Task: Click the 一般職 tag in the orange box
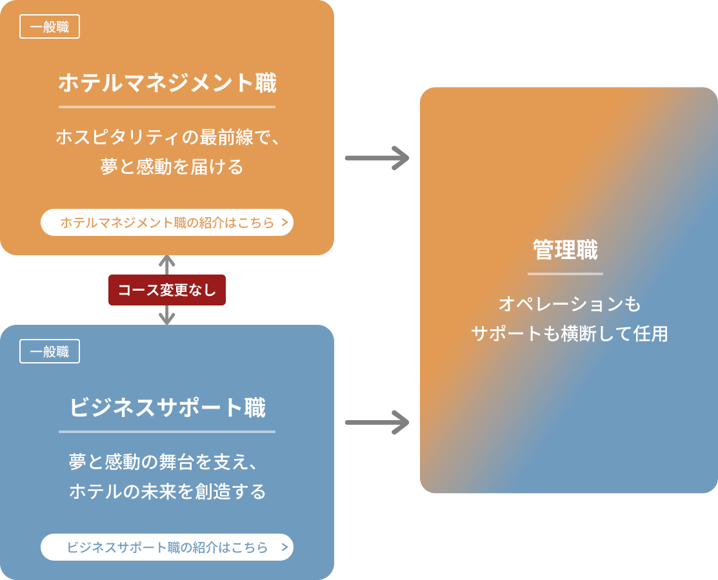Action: (50, 27)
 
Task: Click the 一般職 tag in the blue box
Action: (50, 352)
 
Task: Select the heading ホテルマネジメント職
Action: (167, 83)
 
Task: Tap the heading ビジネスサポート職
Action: (167, 408)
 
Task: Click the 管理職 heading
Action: (565, 250)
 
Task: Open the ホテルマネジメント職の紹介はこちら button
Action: (167, 223)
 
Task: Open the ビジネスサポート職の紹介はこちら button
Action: (167, 547)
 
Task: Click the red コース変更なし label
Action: (167, 290)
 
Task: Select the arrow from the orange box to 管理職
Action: (377, 157)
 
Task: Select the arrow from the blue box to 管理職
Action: (377, 423)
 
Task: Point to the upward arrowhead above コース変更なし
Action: (167, 262)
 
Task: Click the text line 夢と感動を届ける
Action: (172, 167)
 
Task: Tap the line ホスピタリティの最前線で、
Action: (167, 137)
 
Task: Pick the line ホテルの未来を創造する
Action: (167, 492)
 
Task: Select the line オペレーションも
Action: (569, 304)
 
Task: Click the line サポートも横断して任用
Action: (569, 334)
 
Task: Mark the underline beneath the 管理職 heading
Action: (565, 274)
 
